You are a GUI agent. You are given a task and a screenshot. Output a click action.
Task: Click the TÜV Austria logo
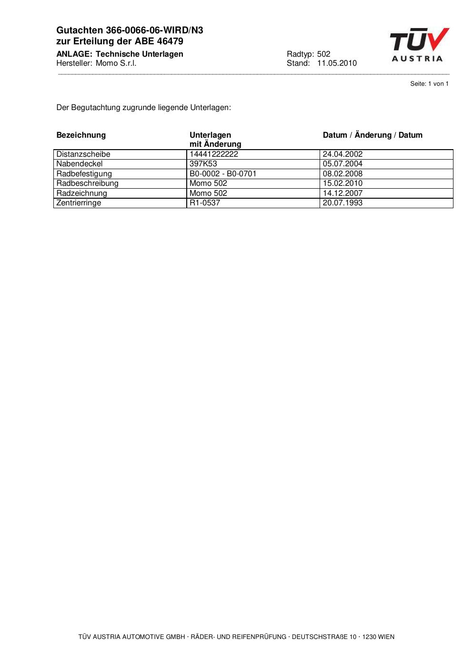pos(419,45)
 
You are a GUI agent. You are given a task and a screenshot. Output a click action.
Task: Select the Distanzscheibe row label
pos(83,154)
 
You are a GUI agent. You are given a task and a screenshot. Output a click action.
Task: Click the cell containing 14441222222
pos(214,154)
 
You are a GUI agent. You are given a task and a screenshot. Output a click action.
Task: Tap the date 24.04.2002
pos(342,154)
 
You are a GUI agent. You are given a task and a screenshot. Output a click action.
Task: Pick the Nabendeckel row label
pos(80,164)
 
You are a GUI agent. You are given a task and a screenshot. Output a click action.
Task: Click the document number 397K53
pos(203,164)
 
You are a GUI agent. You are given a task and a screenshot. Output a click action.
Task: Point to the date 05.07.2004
pos(342,164)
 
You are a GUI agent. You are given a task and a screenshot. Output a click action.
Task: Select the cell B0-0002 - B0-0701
pos(223,174)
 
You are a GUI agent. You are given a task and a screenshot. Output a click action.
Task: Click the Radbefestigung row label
pos(84,174)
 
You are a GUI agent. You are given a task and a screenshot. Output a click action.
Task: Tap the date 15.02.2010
pos(342,183)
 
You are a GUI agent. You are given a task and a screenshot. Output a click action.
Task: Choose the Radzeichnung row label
pos(82,193)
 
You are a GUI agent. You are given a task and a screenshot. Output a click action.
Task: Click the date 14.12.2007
pos(342,193)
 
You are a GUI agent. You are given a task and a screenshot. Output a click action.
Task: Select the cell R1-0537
pos(205,203)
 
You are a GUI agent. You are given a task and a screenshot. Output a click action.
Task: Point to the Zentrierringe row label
pos(79,203)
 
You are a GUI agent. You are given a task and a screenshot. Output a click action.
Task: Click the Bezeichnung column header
pos(81,135)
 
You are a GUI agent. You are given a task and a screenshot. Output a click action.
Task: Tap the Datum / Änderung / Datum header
pos(372,135)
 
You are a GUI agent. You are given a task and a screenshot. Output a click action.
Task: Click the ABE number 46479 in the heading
pos(170,41)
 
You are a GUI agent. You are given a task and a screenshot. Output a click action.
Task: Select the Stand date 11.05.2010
pos(337,63)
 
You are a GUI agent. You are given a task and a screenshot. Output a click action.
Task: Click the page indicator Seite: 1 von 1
pos(429,84)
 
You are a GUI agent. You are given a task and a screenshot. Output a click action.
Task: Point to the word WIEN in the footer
pos(386,637)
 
